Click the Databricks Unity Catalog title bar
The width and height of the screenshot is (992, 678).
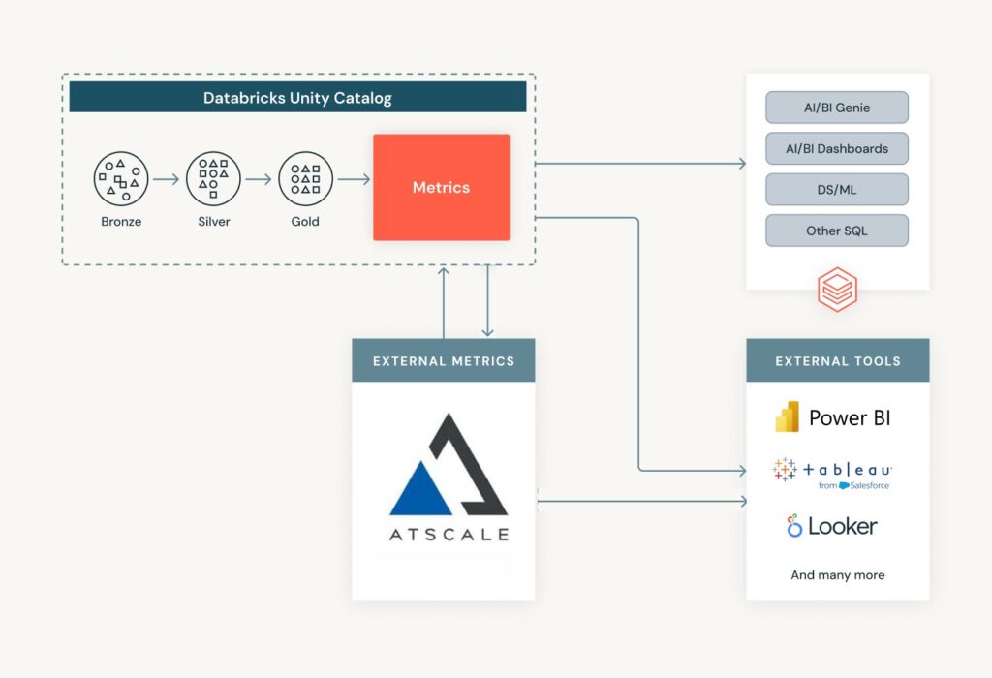[297, 97]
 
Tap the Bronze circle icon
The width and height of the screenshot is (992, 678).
[121, 179]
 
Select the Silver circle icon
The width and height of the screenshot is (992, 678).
[213, 179]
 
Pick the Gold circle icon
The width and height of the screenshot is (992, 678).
[305, 179]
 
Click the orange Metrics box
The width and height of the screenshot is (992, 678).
[441, 187]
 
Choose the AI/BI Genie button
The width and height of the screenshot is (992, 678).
[837, 108]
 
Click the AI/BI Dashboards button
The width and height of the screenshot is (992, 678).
[837, 148]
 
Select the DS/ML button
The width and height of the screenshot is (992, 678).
[837, 190]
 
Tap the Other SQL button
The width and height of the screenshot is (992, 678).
[837, 231]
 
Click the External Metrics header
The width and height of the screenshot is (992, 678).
[443, 360]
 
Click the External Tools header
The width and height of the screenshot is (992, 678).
[837, 360]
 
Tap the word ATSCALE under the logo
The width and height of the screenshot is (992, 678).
[449, 534]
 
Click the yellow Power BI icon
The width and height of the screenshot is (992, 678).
[787, 416]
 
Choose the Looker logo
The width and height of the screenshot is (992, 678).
[832, 526]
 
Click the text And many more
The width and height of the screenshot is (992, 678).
[837, 574]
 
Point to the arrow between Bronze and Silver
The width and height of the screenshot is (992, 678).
[167, 179]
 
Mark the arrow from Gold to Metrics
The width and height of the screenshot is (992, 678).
[354, 179]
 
